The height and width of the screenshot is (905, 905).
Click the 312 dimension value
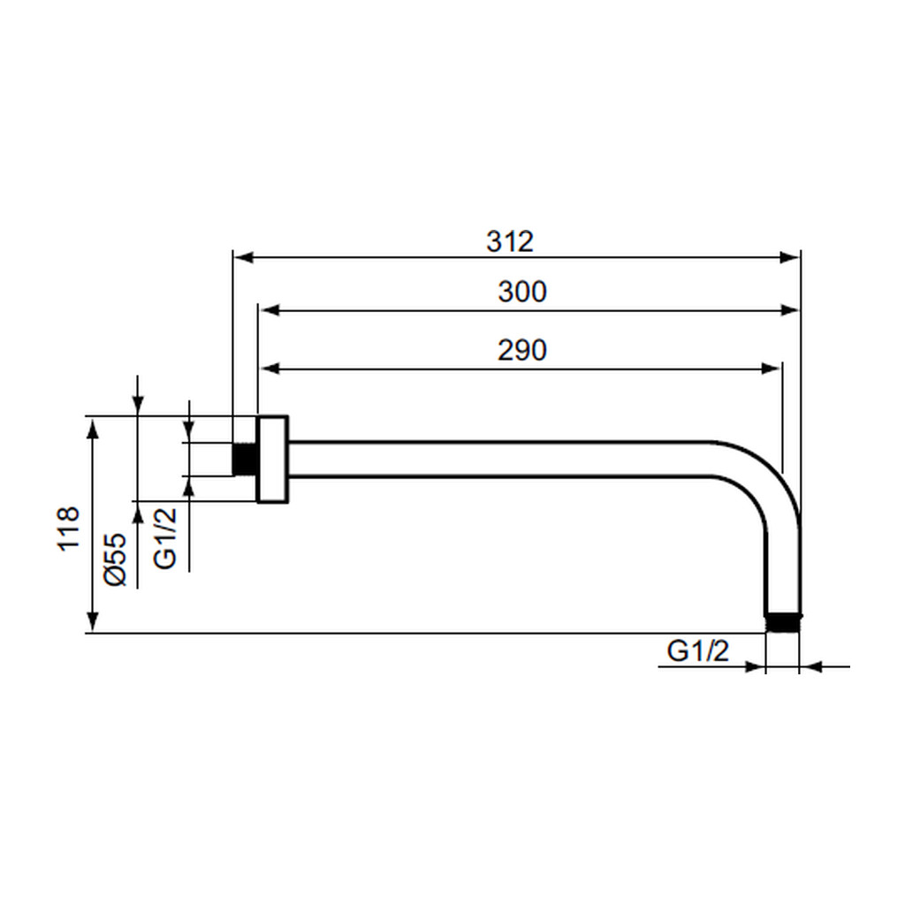(x=510, y=241)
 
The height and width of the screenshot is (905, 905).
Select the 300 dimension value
(x=521, y=292)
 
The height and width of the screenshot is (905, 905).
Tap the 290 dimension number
(x=521, y=350)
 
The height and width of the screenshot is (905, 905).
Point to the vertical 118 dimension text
(x=68, y=529)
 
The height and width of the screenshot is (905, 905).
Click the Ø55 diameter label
(x=115, y=559)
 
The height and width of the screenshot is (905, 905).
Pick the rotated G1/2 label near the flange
(x=165, y=538)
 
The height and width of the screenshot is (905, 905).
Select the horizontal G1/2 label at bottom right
(x=698, y=651)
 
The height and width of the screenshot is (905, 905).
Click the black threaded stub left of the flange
(x=244, y=460)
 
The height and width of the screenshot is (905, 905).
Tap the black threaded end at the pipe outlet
(x=783, y=623)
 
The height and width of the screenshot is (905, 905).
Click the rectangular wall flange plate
(x=272, y=460)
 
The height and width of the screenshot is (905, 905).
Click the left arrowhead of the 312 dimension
(x=243, y=257)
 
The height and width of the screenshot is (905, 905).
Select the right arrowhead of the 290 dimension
(x=771, y=369)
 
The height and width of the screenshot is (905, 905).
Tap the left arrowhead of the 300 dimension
(x=270, y=310)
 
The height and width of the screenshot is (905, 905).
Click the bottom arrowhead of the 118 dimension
(x=92, y=622)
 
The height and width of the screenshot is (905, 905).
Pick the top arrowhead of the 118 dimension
(x=92, y=428)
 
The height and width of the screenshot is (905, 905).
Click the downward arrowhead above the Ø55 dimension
(x=137, y=405)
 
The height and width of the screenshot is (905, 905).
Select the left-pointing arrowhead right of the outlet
(x=811, y=667)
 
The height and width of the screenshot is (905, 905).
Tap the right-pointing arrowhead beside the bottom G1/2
(x=755, y=667)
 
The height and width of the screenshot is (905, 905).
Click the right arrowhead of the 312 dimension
(x=789, y=257)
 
